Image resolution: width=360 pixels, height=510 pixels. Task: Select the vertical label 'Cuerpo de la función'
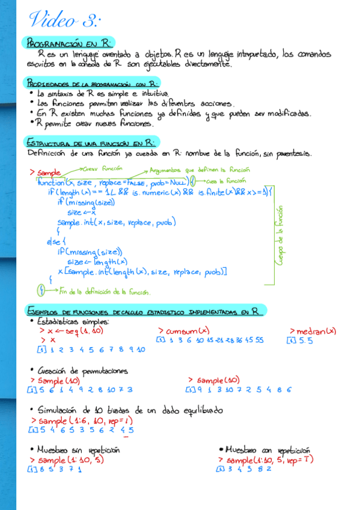point(279,235)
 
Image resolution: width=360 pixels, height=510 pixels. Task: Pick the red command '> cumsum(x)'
point(183,331)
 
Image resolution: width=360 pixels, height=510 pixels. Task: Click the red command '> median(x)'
point(313,331)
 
